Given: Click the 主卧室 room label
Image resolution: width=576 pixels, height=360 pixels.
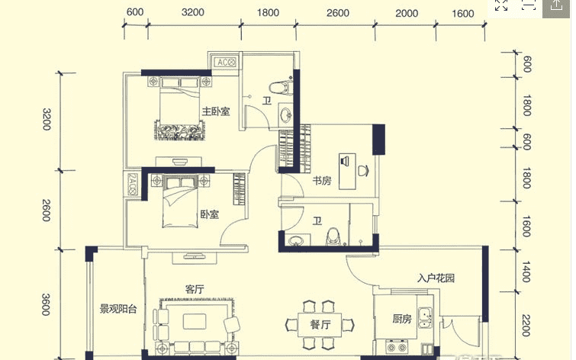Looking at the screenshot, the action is [x=216, y=111].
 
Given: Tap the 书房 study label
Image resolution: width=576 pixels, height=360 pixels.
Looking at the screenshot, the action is [x=322, y=180].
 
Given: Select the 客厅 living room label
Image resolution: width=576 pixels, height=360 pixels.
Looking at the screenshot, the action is [x=195, y=289].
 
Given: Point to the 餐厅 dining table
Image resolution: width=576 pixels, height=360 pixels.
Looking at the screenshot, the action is [x=320, y=325].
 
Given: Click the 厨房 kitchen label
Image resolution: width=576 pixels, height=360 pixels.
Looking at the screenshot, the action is [x=402, y=319].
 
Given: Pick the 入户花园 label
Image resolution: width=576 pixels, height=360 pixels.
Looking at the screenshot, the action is [x=436, y=278].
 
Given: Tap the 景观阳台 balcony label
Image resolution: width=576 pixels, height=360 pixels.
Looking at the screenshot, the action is [x=118, y=309].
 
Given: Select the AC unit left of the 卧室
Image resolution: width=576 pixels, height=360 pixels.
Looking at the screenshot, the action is [x=132, y=185].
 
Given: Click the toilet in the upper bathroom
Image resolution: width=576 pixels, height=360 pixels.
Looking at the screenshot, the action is [x=279, y=88].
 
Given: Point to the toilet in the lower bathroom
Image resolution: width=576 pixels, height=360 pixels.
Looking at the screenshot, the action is [x=333, y=236].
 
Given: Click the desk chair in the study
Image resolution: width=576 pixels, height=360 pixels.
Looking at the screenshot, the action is [x=363, y=171].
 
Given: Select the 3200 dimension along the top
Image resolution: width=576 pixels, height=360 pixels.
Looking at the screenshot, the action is [x=192, y=12].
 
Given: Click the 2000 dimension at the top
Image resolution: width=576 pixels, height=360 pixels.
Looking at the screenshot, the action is [x=407, y=14].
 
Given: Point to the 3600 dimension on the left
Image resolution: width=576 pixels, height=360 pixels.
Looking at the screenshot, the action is [x=46, y=304].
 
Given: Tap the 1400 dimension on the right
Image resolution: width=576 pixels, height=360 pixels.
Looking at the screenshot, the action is [x=526, y=272].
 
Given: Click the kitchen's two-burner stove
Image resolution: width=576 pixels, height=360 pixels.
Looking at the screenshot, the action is [x=397, y=346].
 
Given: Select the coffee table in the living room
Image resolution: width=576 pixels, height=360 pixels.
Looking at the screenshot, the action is [x=195, y=321].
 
